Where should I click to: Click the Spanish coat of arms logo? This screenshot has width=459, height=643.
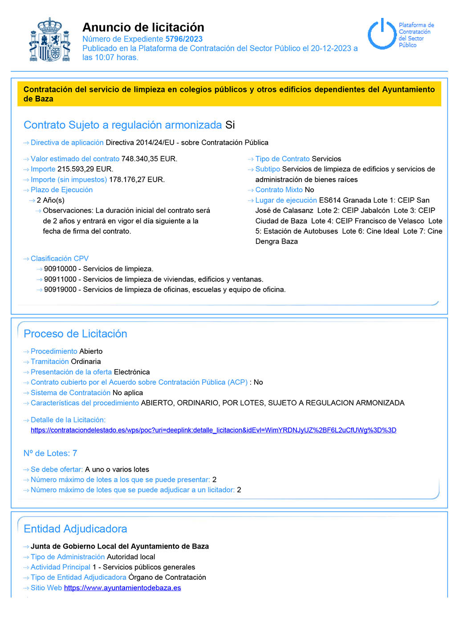pos(50,40)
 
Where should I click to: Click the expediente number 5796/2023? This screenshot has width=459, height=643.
pos(184,39)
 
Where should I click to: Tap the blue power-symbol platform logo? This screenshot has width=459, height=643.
pos(382,34)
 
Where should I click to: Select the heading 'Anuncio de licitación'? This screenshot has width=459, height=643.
pos(143,27)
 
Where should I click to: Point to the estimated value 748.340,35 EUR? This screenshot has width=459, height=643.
pos(149,159)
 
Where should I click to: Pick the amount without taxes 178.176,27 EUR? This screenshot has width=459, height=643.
pos(137,179)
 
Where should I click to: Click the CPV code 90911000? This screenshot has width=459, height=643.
pos(60,279)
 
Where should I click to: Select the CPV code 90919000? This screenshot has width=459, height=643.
pos(60,289)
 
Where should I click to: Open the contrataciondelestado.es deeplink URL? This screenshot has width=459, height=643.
pos(213,430)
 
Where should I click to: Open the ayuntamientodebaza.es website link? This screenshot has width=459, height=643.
pos(122,588)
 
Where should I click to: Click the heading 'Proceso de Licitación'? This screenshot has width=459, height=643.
pos(75,334)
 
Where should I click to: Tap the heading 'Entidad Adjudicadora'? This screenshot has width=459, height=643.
pos(75,529)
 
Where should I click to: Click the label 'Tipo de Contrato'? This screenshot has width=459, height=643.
pos(282,159)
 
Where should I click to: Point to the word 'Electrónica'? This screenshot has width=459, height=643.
pos(132,372)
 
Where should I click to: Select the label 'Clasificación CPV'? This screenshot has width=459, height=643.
pos(60,259)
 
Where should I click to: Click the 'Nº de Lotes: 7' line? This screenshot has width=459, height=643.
pos(50,453)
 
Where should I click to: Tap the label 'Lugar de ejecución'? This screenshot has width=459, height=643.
pos(286,200)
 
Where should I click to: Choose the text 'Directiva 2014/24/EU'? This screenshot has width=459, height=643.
pos(140,142)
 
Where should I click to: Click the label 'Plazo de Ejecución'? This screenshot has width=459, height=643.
pos(61,190)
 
